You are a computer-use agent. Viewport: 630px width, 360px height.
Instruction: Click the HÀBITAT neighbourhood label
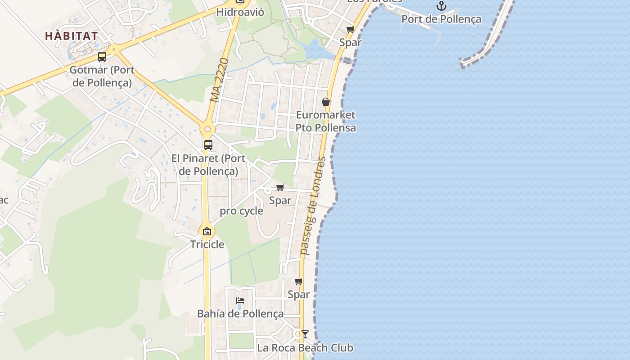(x=72, y=36)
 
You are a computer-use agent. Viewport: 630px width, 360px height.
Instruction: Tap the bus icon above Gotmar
(x=102, y=57)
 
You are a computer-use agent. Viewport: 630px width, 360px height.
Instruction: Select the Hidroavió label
(x=240, y=12)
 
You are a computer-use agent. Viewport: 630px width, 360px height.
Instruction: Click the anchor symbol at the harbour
(x=441, y=6)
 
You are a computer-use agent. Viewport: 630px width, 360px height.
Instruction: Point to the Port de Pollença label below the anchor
(x=441, y=19)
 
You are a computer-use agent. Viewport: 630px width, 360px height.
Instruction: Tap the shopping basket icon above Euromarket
(x=326, y=102)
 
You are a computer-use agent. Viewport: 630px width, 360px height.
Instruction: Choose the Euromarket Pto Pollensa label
(x=326, y=121)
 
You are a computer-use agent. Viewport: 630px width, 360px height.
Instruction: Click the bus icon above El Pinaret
(x=208, y=145)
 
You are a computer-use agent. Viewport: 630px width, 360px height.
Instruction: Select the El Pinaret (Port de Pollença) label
(x=208, y=165)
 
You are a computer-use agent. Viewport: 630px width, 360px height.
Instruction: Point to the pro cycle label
(x=241, y=211)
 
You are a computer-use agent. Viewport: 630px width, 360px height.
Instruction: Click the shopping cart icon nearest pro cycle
(x=280, y=187)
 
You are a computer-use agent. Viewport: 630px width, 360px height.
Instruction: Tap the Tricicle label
(x=207, y=244)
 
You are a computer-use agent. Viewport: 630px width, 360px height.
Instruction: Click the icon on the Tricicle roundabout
(x=207, y=232)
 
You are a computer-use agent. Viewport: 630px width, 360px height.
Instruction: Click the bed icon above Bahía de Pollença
(x=240, y=301)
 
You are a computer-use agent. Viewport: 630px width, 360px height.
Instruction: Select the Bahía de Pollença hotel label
(x=240, y=314)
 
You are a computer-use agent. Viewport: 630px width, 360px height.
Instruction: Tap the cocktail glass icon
(x=305, y=334)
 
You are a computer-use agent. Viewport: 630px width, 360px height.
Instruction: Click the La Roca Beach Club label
(x=305, y=348)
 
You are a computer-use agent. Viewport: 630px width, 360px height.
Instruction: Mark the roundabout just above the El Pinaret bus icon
(x=207, y=129)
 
